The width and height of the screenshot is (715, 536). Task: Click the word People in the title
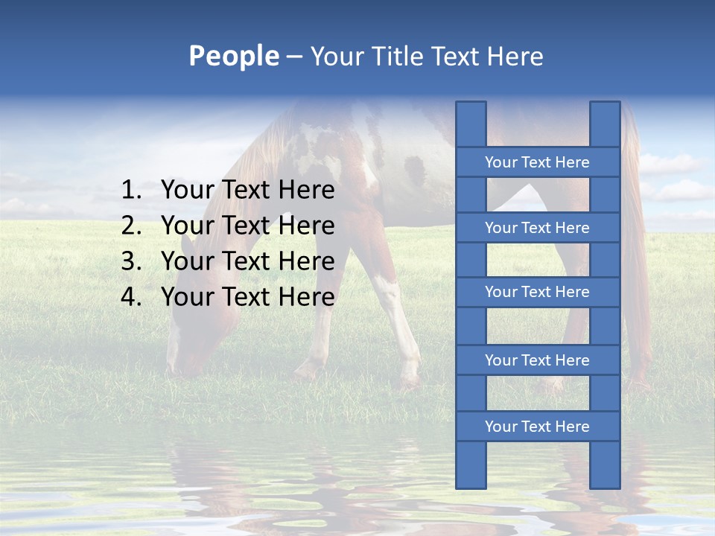tap(233, 56)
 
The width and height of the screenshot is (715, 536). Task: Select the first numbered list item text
tap(247, 191)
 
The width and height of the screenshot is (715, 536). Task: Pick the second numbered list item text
tap(247, 226)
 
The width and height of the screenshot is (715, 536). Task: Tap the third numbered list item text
tap(247, 261)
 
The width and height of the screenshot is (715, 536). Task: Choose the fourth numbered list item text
tap(247, 297)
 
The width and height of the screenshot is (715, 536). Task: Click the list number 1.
tap(130, 191)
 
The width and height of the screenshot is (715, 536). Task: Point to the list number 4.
tap(130, 297)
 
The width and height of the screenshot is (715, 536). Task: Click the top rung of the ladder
tap(537, 162)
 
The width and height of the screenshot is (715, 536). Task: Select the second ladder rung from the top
tap(537, 228)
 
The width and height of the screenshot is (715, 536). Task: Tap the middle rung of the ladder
tap(537, 292)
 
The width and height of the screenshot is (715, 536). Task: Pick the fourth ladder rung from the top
tap(537, 360)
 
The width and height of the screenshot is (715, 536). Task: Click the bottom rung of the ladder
tap(537, 427)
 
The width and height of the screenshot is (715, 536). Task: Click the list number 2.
tap(130, 226)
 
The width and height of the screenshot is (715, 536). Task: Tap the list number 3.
tap(130, 261)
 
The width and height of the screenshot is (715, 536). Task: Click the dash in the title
tap(294, 57)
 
